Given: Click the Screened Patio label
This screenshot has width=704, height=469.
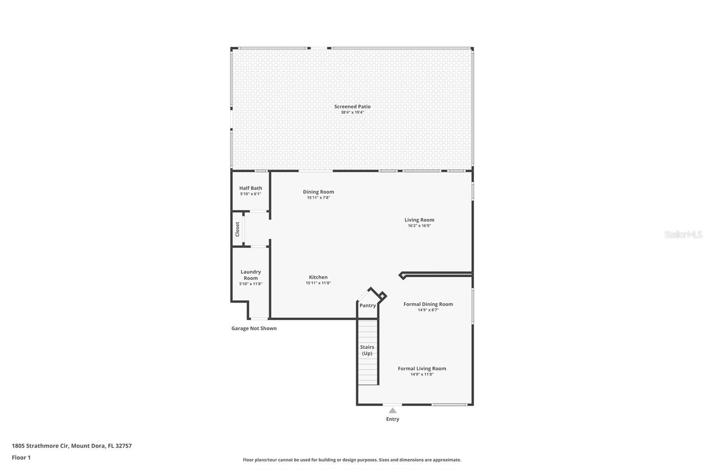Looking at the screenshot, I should pos(352,106).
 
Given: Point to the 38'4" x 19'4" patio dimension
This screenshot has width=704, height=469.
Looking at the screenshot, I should pos(352,113).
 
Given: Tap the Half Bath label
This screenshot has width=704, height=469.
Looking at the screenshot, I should pos(250,188).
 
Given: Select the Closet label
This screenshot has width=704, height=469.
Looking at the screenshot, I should pos(237,229).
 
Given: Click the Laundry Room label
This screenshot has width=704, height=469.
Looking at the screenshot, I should pos(250,275).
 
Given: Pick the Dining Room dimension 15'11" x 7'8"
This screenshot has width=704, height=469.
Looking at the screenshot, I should pos(318,198).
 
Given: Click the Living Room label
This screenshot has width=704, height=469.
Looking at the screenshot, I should pos(419,220).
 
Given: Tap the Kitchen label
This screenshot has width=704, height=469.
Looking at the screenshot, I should pos(318,277).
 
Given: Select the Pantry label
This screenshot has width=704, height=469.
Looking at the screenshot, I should pos(367,305).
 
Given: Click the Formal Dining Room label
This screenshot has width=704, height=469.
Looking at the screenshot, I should pos(428,304).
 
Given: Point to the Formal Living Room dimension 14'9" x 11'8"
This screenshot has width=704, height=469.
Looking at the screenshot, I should pos(422,374).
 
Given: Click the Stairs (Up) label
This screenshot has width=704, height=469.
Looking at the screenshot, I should pos(367,350).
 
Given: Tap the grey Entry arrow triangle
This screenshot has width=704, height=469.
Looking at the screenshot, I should pos(392,410).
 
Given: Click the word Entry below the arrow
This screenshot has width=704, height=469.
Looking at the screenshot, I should pos(392,419).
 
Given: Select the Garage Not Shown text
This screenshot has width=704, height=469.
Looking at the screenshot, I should pos(254,328).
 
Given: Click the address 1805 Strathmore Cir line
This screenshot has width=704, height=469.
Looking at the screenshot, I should pos(71,446).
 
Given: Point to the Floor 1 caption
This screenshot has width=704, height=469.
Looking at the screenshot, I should pos(21,458).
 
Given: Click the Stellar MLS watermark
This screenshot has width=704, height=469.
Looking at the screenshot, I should pos(682,234).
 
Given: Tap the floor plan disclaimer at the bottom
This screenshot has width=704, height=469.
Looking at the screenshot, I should pos(352,460).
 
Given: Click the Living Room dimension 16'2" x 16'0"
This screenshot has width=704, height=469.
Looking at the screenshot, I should pos(419,226).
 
